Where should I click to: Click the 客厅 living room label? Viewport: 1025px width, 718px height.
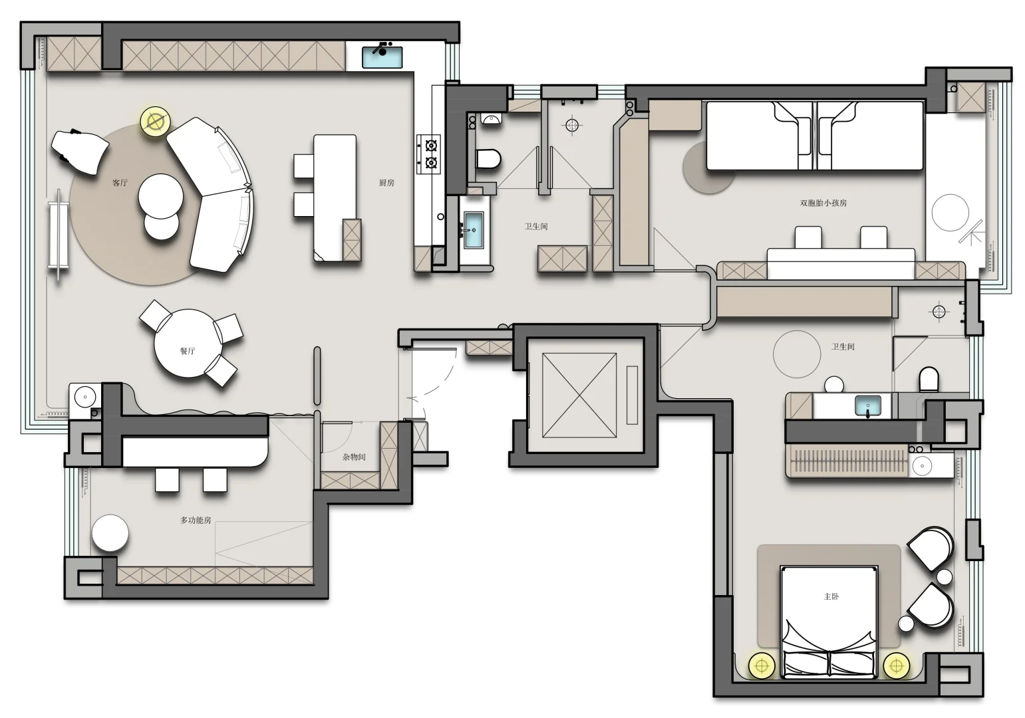pos(120,183)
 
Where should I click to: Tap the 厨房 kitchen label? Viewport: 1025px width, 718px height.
pos(386,183)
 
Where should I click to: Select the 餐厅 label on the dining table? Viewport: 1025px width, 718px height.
pos(188,351)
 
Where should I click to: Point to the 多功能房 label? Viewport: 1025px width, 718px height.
pos(196,520)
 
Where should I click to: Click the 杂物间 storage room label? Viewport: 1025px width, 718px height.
pos(354,457)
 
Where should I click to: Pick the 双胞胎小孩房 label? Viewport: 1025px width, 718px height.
pos(823,203)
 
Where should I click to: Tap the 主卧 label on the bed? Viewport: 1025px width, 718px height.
pos(831,596)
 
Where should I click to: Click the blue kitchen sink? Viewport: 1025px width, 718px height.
pos(382,57)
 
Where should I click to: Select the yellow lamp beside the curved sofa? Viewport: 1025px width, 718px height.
pos(156,122)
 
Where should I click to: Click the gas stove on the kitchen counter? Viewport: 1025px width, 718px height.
pos(428,154)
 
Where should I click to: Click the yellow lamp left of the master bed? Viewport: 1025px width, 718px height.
pos(762,666)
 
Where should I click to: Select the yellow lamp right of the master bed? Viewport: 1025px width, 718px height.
pos(896,666)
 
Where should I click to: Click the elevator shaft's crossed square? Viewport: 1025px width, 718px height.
pos(579,396)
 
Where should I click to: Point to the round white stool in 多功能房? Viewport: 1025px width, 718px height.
pos(110,533)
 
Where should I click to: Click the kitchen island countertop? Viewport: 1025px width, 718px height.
pos(335,197)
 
